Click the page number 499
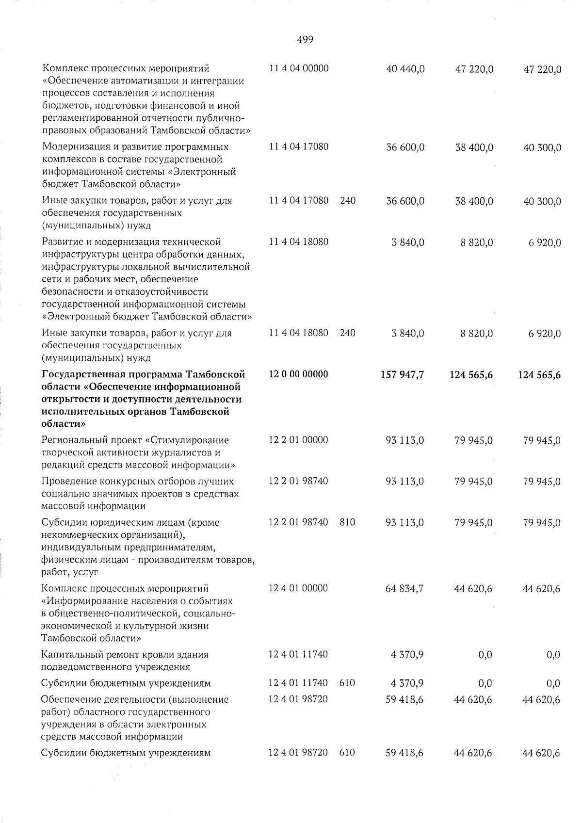tap(305, 40)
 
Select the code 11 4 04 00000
tap(298, 68)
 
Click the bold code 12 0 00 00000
tap(298, 374)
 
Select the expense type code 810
tap(347, 522)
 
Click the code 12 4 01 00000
tap(298, 588)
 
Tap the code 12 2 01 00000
tap(298, 440)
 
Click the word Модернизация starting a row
tap(72, 146)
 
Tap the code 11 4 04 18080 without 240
tap(298, 241)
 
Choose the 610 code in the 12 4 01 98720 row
tap(347, 753)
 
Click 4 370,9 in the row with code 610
tap(407, 683)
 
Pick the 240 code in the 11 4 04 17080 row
tap(347, 200)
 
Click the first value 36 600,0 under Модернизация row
tap(405, 147)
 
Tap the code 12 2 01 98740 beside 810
tap(298, 522)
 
